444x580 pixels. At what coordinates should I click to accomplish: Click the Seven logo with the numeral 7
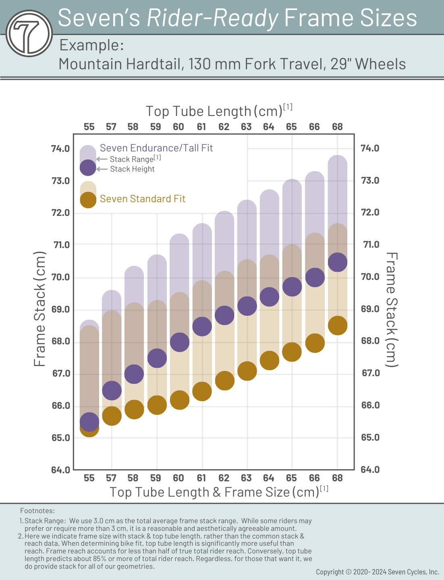pyautogui.click(x=29, y=33)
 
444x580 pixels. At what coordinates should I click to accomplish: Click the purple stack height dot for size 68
pyautogui.click(x=338, y=263)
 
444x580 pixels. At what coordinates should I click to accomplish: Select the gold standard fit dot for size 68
pyautogui.click(x=338, y=325)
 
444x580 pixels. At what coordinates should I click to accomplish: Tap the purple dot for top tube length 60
pyautogui.click(x=180, y=342)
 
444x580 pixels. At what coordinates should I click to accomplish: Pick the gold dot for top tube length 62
pyautogui.click(x=225, y=381)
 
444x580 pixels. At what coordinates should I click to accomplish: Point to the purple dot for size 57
pyautogui.click(x=112, y=390)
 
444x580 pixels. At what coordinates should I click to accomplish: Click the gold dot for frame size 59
pyautogui.click(x=157, y=405)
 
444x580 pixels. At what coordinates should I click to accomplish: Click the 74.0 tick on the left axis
pyautogui.click(x=60, y=149)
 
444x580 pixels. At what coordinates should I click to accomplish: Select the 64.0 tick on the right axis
pyautogui.click(x=370, y=470)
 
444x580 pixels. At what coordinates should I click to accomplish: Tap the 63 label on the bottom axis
pyautogui.click(x=246, y=478)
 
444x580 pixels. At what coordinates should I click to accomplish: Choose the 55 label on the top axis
pyautogui.click(x=89, y=127)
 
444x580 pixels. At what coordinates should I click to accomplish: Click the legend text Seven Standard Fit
pyautogui.click(x=143, y=199)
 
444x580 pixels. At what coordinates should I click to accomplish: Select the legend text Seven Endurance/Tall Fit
pyautogui.click(x=156, y=148)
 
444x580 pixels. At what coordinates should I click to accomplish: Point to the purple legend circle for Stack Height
pyautogui.click(x=88, y=168)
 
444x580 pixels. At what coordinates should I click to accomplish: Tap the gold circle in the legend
pyautogui.click(x=88, y=200)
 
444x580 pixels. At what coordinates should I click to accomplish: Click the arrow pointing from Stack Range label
pyautogui.click(x=102, y=159)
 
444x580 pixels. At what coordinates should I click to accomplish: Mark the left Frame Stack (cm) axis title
pyautogui.click(x=39, y=309)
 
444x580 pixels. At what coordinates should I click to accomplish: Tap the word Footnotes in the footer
pyautogui.click(x=37, y=511)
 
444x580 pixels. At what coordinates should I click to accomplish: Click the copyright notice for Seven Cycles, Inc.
pyautogui.click(x=377, y=572)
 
